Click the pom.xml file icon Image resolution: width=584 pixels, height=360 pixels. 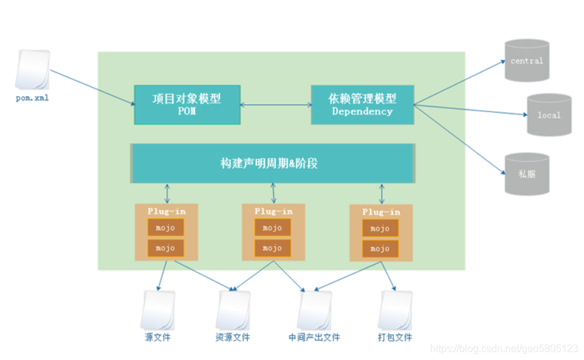pyautogui.click(x=32, y=70)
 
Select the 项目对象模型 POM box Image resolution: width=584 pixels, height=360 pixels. pyautogui.click(x=187, y=105)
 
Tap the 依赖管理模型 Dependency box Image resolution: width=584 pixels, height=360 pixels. pyautogui.click(x=363, y=105)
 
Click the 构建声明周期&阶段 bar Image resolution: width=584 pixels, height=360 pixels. pyautogui.click(x=272, y=163)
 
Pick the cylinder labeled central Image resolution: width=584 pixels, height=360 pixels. pyautogui.click(x=527, y=61)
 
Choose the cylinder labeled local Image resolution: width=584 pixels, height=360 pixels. pyautogui.click(x=549, y=115)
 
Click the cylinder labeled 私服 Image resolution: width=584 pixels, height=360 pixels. pyautogui.click(x=527, y=173)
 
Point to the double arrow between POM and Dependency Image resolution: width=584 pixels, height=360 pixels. pyautogui.click(x=276, y=105)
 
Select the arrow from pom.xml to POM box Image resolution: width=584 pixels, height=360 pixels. pyautogui.click(x=91, y=88)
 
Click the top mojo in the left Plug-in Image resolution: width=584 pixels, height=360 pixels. pyautogui.click(x=165, y=228)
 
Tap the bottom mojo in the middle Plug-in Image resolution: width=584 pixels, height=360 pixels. pyautogui.click(x=272, y=248)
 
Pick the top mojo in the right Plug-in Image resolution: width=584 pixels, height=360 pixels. pyautogui.click(x=380, y=228)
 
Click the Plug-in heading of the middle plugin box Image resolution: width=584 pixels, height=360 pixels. pyautogui.click(x=273, y=211)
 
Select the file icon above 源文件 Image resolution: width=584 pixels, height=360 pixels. pyautogui.click(x=157, y=310)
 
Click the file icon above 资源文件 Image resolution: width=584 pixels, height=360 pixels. pyautogui.click(x=233, y=310)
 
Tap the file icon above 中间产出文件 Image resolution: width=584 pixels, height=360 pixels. pyautogui.click(x=314, y=310)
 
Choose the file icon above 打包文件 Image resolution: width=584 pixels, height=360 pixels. pyautogui.click(x=395, y=310)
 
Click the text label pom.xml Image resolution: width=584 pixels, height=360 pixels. pyautogui.click(x=32, y=98)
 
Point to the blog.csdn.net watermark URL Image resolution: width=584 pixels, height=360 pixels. pyautogui.click(x=504, y=348)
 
